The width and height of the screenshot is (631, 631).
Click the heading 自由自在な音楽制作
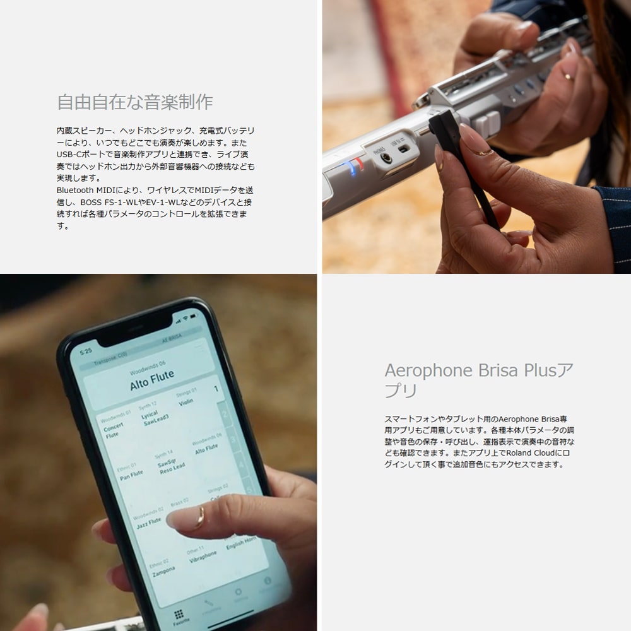point(135,102)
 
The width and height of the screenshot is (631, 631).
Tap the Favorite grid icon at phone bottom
point(179,615)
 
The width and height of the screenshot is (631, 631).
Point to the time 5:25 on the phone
point(85,351)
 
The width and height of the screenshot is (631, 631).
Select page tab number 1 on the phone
point(216,389)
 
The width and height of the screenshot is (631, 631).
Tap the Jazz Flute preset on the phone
point(149,522)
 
